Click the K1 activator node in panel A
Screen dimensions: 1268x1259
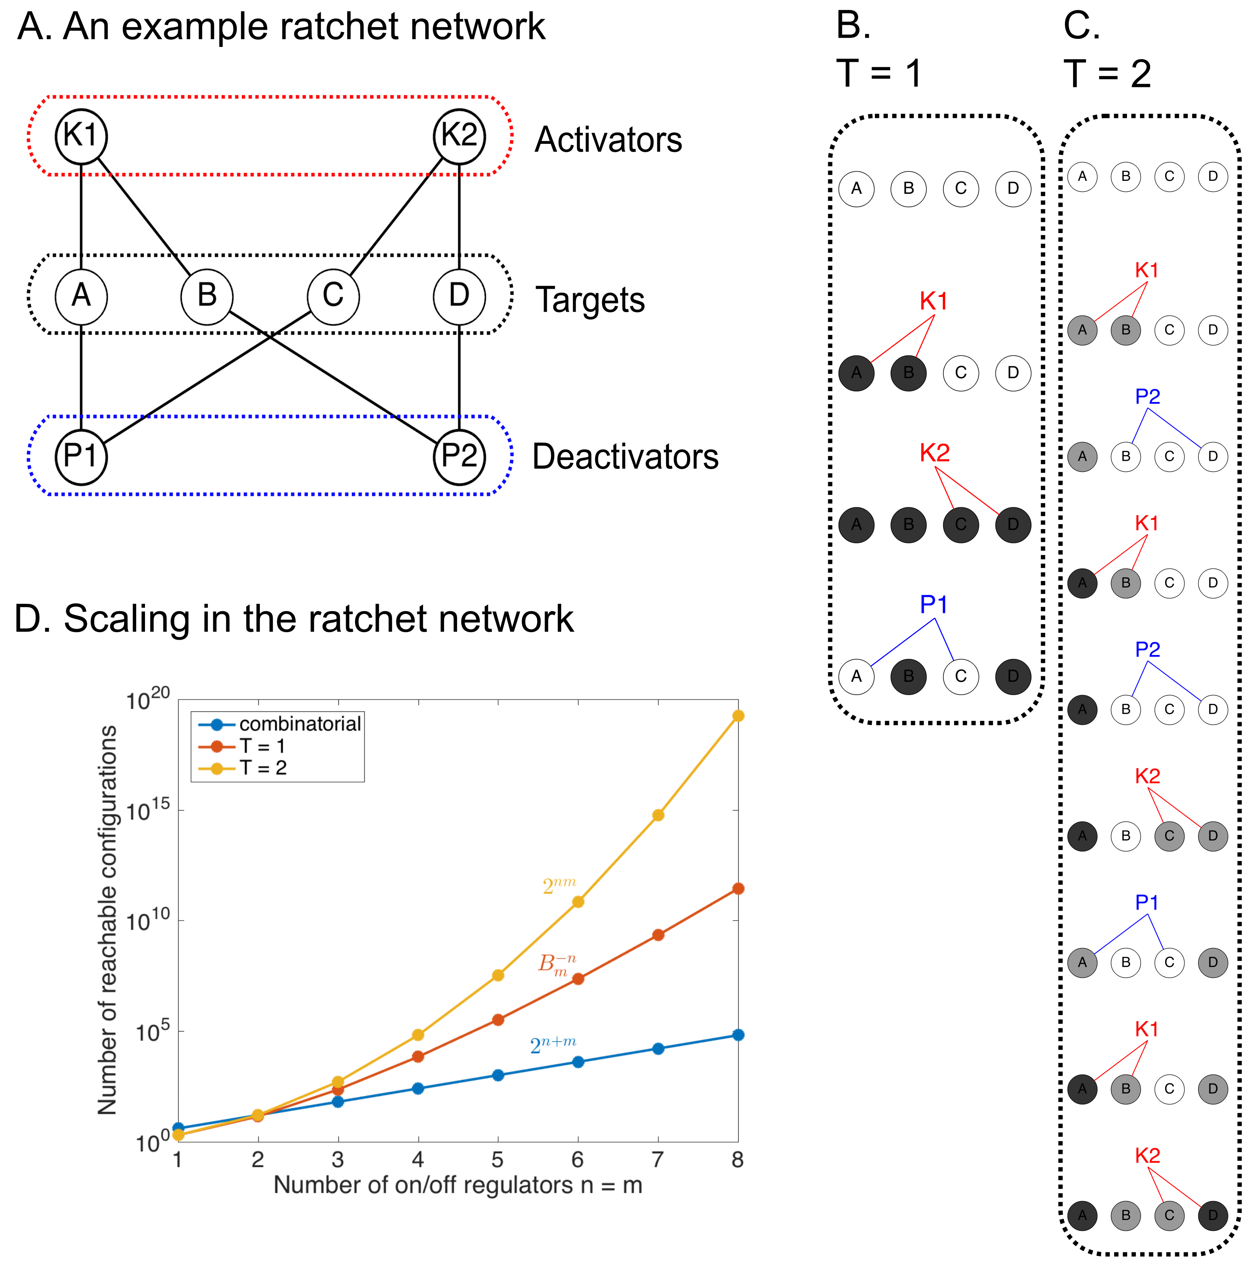(81, 136)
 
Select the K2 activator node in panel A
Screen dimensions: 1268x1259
(459, 136)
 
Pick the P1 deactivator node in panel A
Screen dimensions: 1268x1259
(81, 457)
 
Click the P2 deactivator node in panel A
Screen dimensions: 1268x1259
(459, 457)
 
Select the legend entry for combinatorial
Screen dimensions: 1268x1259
(300, 724)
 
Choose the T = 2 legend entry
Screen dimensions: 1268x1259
(262, 768)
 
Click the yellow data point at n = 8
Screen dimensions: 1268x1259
(738, 715)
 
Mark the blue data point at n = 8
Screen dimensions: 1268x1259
(738, 1035)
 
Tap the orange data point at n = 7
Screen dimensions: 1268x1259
(658, 935)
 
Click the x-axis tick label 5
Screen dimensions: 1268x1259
(497, 1160)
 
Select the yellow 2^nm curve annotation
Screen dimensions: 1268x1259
(559, 886)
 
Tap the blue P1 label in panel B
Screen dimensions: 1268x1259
(934, 605)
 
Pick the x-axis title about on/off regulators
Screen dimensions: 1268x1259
(457, 1185)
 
